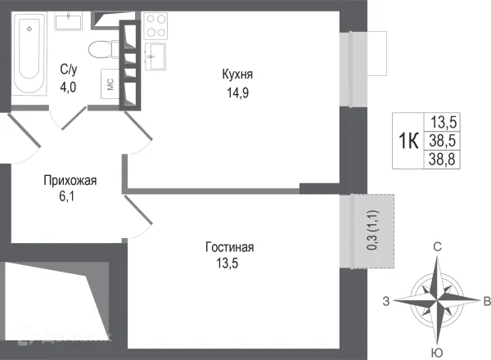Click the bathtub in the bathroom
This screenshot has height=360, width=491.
[x=30, y=57]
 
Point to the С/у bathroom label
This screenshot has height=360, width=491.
[x=69, y=69]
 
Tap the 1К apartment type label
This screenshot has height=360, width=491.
[x=408, y=141]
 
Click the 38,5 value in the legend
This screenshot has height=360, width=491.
[x=444, y=141]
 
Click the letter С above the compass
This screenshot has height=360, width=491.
[x=438, y=246]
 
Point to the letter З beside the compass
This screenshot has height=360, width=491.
[x=386, y=299]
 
